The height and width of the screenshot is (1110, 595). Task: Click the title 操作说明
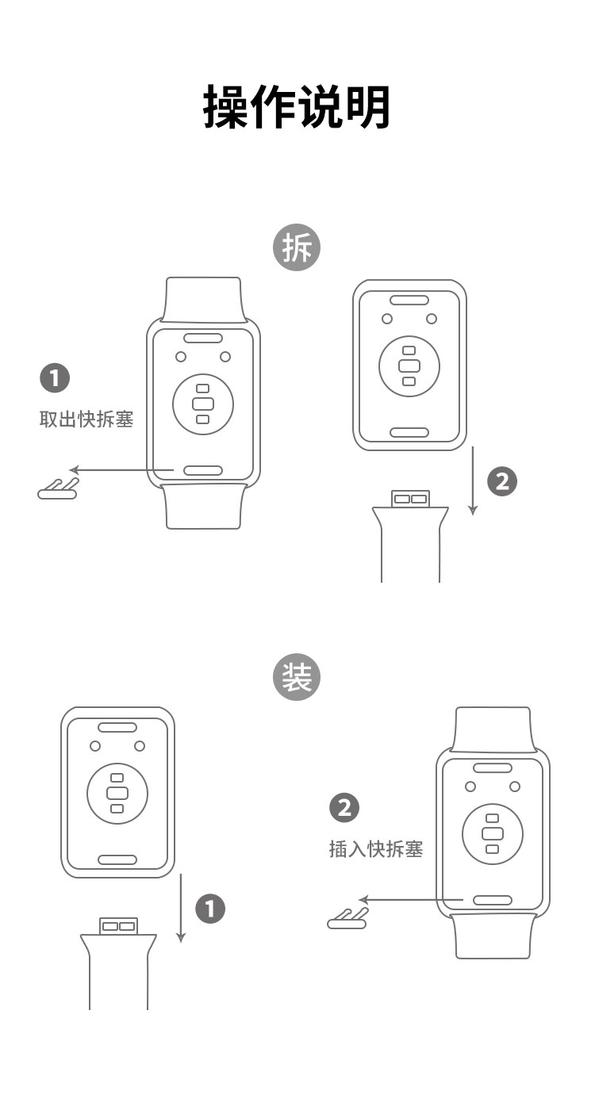297,107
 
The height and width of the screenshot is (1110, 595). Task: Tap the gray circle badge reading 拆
297,248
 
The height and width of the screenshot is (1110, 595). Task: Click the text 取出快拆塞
86,419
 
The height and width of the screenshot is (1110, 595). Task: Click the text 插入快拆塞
376,849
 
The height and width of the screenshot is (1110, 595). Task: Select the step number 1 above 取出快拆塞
55,378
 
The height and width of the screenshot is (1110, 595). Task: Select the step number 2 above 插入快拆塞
344,808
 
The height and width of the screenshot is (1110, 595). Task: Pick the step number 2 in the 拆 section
501,481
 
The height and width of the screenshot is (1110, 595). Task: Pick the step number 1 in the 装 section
210,909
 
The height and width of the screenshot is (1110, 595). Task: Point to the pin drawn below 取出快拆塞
58,490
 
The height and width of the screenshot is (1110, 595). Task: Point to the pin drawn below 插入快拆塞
347,920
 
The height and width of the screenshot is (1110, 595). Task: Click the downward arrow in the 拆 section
473,480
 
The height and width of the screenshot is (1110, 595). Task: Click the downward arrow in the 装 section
181,908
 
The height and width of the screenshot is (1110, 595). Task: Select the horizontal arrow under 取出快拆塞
119,470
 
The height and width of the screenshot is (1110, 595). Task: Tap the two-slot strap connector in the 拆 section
410,499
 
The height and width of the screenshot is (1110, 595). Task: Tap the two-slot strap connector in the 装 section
118,926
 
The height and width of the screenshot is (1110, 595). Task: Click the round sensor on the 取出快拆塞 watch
203,404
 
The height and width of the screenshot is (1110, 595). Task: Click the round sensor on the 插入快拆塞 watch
493,833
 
